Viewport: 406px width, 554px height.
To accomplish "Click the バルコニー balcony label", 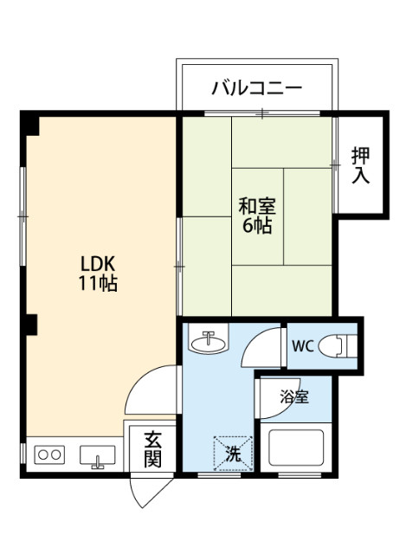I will click(257, 88).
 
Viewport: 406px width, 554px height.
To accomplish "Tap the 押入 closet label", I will click(360, 165).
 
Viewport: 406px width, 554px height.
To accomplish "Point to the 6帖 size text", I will click(257, 226).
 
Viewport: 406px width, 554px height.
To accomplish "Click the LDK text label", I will click(99, 263).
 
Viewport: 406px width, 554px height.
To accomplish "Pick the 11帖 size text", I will click(99, 283).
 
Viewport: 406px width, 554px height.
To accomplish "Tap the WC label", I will click(302, 347).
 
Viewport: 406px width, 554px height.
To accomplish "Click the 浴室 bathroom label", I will click(293, 397).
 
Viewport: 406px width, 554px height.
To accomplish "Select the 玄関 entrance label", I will click(152, 449).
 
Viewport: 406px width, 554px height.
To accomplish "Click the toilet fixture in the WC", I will click(337, 347).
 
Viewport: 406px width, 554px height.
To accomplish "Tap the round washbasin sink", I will click(208, 344).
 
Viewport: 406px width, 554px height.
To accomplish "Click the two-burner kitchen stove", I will click(48, 454).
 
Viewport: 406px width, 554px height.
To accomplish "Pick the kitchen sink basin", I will click(98, 454).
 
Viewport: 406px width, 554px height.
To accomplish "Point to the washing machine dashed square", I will click(232, 451).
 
